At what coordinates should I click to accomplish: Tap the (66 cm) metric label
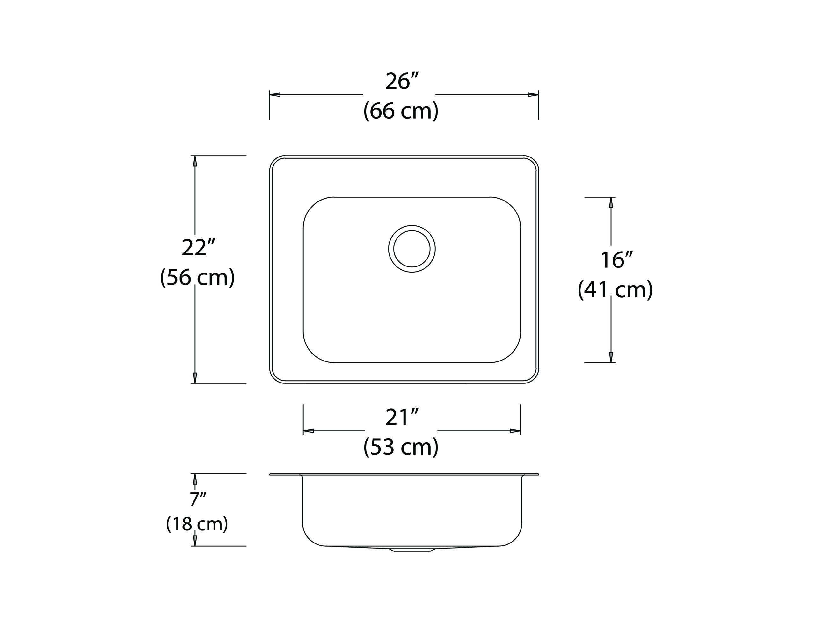(x=401, y=111)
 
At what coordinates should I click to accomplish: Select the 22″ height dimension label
(x=198, y=248)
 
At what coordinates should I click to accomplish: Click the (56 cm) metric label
(x=197, y=277)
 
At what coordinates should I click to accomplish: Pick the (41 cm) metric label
(x=615, y=290)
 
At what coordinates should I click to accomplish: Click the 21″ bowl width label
(x=402, y=417)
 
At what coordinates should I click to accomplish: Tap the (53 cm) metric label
(x=401, y=447)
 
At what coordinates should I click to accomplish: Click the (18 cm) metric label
(x=197, y=524)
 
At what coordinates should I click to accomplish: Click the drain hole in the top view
(x=412, y=249)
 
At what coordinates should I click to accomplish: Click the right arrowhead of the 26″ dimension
(x=533, y=95)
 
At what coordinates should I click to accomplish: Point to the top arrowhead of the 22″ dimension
(x=195, y=161)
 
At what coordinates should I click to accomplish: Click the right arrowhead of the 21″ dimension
(x=515, y=431)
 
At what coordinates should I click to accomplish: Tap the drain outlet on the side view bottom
(x=412, y=550)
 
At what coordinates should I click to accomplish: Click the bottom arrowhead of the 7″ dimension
(x=195, y=541)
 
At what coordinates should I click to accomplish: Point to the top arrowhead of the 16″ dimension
(x=611, y=203)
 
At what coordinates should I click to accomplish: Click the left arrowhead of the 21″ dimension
(x=309, y=431)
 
